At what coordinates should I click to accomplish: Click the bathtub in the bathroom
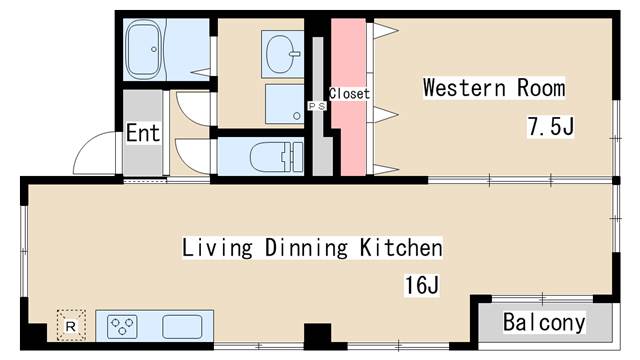143,49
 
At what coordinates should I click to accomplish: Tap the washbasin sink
282,53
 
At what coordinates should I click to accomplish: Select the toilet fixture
277,157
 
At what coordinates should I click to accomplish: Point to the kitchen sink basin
182,327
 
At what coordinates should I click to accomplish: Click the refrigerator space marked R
71,325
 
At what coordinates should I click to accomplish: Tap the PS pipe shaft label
317,106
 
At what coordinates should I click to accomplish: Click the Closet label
349,93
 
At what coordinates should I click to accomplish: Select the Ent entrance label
143,133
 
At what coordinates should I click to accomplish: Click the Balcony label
544,322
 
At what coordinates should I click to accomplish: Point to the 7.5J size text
551,126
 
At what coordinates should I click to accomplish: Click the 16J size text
422,284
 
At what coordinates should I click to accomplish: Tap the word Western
465,87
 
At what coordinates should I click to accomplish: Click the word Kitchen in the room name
401,247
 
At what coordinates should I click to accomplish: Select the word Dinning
306,247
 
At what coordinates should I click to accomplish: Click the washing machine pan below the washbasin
284,104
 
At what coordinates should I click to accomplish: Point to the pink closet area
348,97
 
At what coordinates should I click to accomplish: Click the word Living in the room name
217,248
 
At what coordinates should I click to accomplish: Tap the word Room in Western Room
541,87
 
